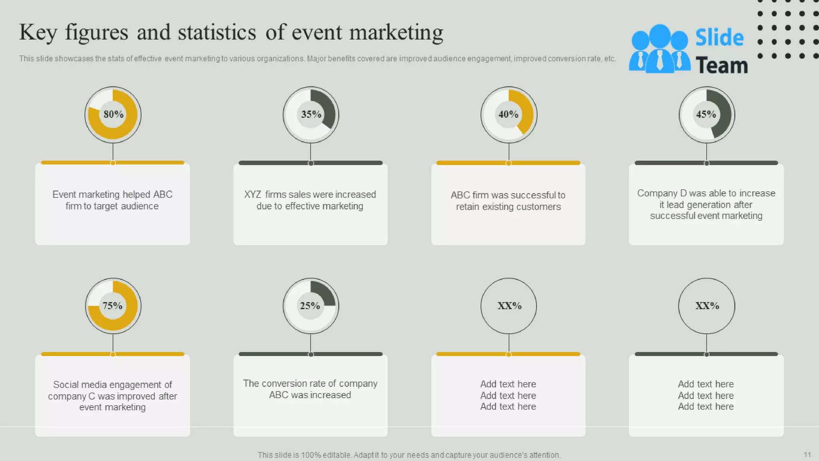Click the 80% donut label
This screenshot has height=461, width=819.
[114, 114]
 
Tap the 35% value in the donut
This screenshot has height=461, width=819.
[311, 114]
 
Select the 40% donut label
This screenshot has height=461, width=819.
[508, 114]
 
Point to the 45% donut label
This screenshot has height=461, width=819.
[706, 114]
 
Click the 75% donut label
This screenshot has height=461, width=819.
[112, 306]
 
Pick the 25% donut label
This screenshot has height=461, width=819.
[310, 306]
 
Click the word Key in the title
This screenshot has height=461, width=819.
[38, 33]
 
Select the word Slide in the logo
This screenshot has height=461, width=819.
[719, 38]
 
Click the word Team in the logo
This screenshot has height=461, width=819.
[721, 65]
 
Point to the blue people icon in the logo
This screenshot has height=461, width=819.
[659, 50]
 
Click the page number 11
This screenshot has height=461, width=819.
[807, 455]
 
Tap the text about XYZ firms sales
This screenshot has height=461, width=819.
[310, 200]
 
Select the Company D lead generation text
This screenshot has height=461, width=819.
[706, 204]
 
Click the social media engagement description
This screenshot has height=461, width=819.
[112, 396]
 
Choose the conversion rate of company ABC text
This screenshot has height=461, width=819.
[310, 389]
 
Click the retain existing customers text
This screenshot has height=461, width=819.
[508, 201]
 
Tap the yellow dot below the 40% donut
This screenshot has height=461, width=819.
[509, 163]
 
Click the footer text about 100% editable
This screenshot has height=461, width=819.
[409, 455]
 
